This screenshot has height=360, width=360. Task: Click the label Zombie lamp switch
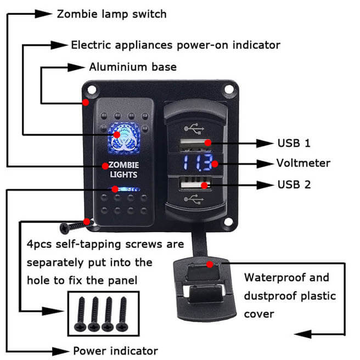(x=111, y=13)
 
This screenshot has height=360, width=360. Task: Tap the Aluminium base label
(x=133, y=67)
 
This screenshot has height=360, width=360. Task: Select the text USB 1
(x=294, y=143)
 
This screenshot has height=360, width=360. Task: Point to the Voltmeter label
(x=303, y=163)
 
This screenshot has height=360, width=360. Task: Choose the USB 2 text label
(x=294, y=184)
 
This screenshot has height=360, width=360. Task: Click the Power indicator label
(x=115, y=351)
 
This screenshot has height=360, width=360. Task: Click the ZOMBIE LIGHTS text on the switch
(x=123, y=170)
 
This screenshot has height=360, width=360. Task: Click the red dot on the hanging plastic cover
(x=210, y=264)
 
